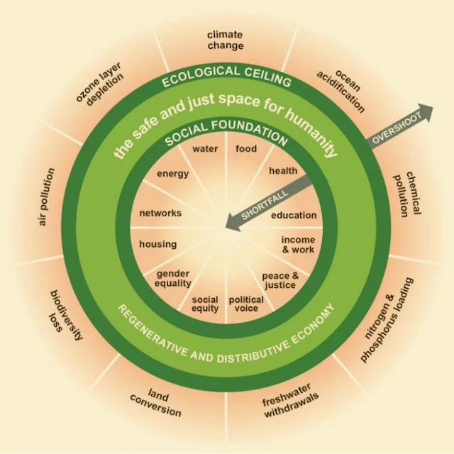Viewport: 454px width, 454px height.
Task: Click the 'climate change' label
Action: tap(226, 40)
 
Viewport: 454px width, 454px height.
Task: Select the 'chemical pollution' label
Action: tap(407, 194)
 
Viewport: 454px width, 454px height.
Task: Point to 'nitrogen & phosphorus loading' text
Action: tap(387, 320)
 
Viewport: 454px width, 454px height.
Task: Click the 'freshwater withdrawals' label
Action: tap(290, 400)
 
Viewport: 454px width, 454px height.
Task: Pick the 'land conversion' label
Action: tap(156, 402)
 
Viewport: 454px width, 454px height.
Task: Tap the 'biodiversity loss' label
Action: tap(66, 314)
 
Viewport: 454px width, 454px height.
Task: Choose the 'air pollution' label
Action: tap(46, 197)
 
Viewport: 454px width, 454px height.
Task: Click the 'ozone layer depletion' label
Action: tap(100, 83)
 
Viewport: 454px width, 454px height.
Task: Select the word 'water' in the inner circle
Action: tap(205, 149)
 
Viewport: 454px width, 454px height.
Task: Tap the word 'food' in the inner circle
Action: tap(246, 148)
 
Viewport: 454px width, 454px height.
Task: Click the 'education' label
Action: tap(294, 216)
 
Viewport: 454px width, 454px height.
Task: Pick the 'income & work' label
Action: tap(298, 245)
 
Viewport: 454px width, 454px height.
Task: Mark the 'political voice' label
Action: tap(246, 304)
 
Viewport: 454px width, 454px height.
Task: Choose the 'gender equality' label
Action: tap(173, 278)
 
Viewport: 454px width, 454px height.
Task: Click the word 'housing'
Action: tap(157, 244)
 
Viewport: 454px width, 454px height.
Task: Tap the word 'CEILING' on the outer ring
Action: tap(267, 77)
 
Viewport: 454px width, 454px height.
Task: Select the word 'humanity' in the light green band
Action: tap(312, 131)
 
